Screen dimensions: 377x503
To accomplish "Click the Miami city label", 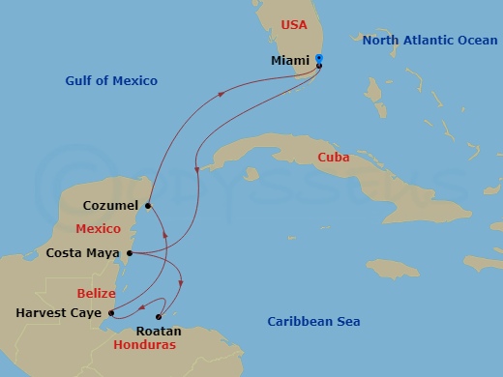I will [x=291, y=61].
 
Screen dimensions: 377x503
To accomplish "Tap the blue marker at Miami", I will [x=319, y=60].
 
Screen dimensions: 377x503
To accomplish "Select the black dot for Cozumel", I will [x=147, y=205].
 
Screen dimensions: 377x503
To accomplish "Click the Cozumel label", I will [x=110, y=205].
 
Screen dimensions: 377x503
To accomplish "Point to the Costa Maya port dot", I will [x=129, y=254].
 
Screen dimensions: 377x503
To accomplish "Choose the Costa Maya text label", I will [x=83, y=254].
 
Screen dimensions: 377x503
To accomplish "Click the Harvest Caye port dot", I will [x=112, y=312].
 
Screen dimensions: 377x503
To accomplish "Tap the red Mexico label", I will [x=98, y=230].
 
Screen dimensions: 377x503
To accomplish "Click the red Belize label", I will [x=97, y=293].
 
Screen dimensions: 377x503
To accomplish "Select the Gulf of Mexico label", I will [x=112, y=81].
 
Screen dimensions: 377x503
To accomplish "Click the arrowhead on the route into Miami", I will [x=222, y=94].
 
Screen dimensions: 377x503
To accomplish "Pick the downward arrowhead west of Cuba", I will [x=198, y=170].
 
